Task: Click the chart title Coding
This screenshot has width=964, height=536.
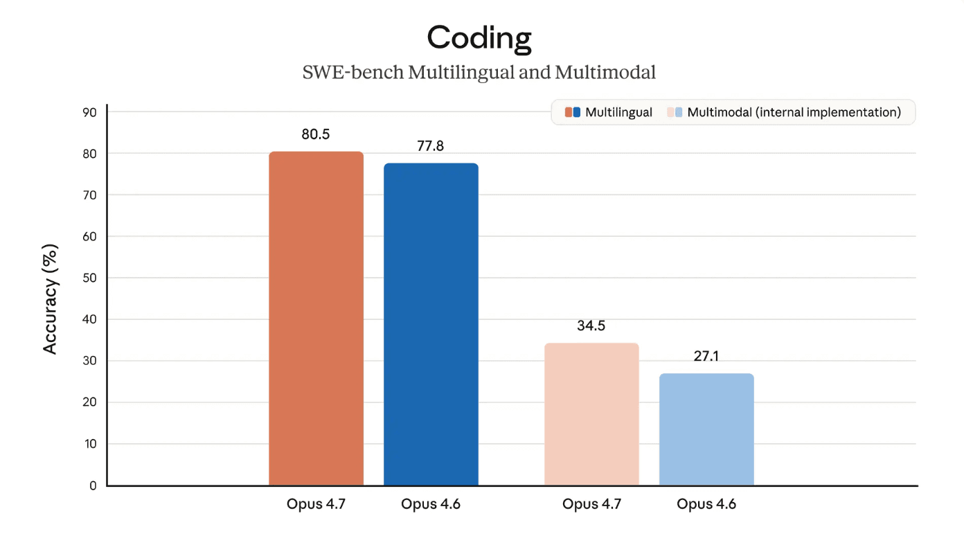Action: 479,37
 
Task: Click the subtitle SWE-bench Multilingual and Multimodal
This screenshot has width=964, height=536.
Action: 479,72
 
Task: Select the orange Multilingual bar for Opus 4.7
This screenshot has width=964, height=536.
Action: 316,319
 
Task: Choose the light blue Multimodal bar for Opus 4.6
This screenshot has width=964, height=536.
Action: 706,429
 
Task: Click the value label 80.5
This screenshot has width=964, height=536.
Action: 316,134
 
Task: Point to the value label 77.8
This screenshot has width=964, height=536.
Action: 431,146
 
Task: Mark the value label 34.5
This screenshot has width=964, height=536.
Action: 591,325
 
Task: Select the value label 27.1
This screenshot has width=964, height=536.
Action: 706,357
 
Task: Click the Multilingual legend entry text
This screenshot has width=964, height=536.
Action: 618,112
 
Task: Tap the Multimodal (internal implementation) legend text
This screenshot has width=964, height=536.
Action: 794,112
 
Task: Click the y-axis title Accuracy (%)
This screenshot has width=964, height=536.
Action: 51,299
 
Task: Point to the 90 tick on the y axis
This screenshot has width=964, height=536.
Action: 91,112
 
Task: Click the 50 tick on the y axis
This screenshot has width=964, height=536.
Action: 91,278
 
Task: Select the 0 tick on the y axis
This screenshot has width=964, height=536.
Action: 93,486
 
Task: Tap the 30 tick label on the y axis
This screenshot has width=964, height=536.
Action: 91,361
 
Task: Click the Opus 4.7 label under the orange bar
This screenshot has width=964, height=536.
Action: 316,504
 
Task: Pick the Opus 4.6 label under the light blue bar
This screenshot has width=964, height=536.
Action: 706,504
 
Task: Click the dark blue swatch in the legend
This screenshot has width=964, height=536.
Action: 576,112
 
